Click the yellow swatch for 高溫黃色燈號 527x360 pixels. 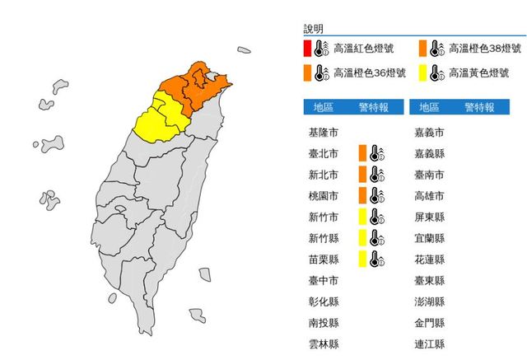click(x=422, y=73)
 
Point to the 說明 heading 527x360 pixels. click(x=313, y=28)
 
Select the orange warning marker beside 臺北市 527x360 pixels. click(x=362, y=152)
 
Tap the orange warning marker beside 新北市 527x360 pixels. click(x=362, y=174)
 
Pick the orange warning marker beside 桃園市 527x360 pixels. click(x=362, y=195)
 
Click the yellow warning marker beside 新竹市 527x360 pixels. click(x=362, y=217)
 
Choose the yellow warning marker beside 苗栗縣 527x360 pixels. click(x=362, y=259)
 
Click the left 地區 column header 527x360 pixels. click(x=324, y=107)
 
